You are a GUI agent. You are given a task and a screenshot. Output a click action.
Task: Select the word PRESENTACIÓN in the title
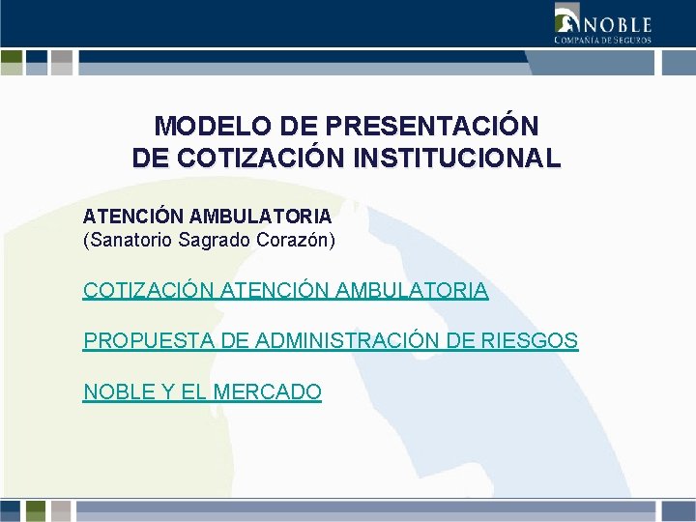pos(433,127)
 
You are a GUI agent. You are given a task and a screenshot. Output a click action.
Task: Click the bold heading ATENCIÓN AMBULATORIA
pos(207,217)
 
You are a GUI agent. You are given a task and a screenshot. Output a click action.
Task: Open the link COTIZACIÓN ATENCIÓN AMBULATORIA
pos(285,290)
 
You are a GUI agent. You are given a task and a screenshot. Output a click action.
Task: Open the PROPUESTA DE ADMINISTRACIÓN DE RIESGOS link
pos(331,341)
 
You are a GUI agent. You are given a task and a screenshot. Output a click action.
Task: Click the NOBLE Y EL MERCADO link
pos(202,392)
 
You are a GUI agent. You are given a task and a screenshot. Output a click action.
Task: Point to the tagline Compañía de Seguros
pos(602,40)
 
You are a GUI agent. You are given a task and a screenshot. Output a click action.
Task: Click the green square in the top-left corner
pos(12,63)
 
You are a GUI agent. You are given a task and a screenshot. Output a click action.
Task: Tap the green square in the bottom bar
pos(36,510)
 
